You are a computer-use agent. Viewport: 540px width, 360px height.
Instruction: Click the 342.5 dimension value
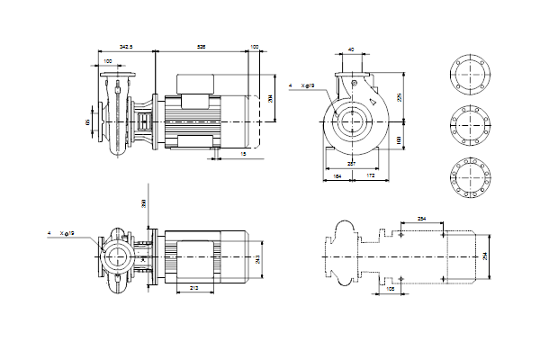[125, 44]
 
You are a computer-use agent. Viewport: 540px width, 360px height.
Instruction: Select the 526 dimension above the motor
[203, 44]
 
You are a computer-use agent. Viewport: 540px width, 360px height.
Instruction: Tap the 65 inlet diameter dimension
[88, 119]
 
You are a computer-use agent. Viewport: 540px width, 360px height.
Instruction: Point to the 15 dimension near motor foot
[244, 154]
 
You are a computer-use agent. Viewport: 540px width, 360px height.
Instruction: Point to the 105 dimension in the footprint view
[390, 290]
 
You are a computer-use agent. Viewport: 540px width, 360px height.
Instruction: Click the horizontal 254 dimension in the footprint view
[423, 219]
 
